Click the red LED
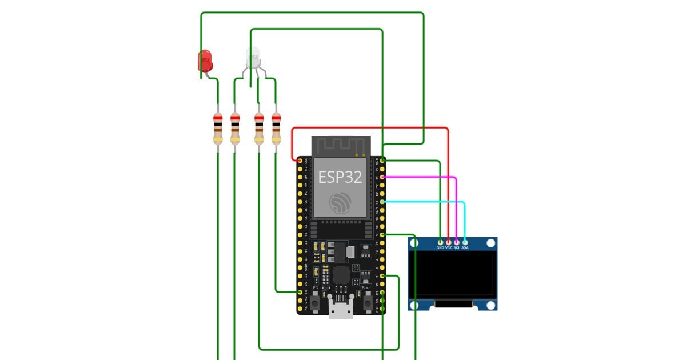(205, 60)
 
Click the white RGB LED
(252, 57)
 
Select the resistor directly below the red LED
(218, 129)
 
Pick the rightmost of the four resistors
(276, 129)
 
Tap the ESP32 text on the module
(340, 177)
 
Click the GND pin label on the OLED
(440, 248)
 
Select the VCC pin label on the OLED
(449, 248)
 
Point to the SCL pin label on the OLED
(457, 248)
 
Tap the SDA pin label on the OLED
(465, 248)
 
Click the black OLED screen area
(455, 275)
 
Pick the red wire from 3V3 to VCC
(372, 128)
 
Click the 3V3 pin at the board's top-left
(300, 161)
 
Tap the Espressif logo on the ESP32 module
(340, 202)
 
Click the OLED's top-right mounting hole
(490, 243)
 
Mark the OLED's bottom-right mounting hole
(490, 305)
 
